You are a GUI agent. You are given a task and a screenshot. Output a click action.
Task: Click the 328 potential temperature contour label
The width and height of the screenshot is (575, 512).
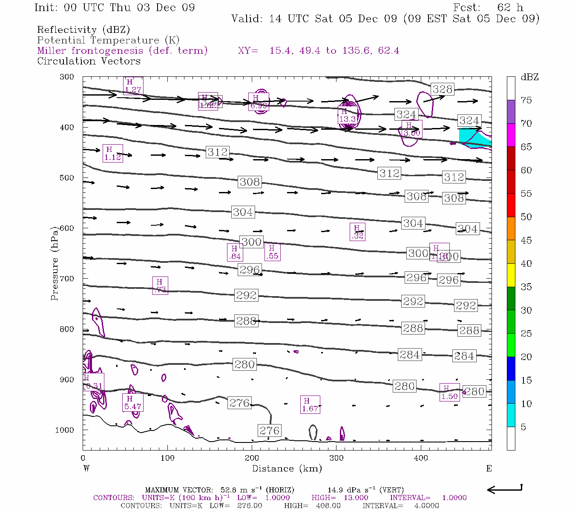[442, 89]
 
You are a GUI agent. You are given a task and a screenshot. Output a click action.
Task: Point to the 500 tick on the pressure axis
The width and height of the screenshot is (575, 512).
[67, 178]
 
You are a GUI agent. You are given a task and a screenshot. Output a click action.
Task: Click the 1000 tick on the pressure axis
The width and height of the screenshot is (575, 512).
[65, 430]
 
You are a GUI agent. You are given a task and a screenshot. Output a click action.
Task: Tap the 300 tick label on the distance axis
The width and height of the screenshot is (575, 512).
[336, 458]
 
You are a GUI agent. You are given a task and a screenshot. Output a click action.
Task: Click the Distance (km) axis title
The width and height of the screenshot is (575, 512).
[287, 468]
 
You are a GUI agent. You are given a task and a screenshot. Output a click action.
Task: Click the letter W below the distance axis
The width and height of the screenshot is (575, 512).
[86, 468]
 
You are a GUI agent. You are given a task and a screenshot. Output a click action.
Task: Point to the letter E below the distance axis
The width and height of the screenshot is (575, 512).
[489, 468]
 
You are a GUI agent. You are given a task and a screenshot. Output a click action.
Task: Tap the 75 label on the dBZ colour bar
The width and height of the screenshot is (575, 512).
[526, 100]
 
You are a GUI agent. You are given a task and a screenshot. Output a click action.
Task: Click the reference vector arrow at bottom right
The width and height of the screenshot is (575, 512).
[504, 489]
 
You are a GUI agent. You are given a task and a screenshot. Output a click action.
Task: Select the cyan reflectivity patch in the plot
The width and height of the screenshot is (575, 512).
[473, 137]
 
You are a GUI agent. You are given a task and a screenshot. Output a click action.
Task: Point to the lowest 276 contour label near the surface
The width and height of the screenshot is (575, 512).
[269, 431]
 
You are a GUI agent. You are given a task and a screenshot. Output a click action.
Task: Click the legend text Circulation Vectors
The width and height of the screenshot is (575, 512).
[89, 61]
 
